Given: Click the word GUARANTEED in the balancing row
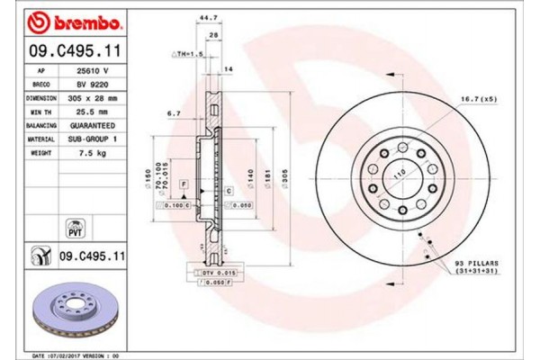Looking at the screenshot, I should [x=91, y=128].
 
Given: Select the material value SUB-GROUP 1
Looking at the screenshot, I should [x=91, y=140].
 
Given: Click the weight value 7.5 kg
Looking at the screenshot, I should [x=91, y=153].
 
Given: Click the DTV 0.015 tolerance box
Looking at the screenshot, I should [x=206, y=272].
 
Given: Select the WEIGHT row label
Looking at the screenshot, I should [x=40, y=153].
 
